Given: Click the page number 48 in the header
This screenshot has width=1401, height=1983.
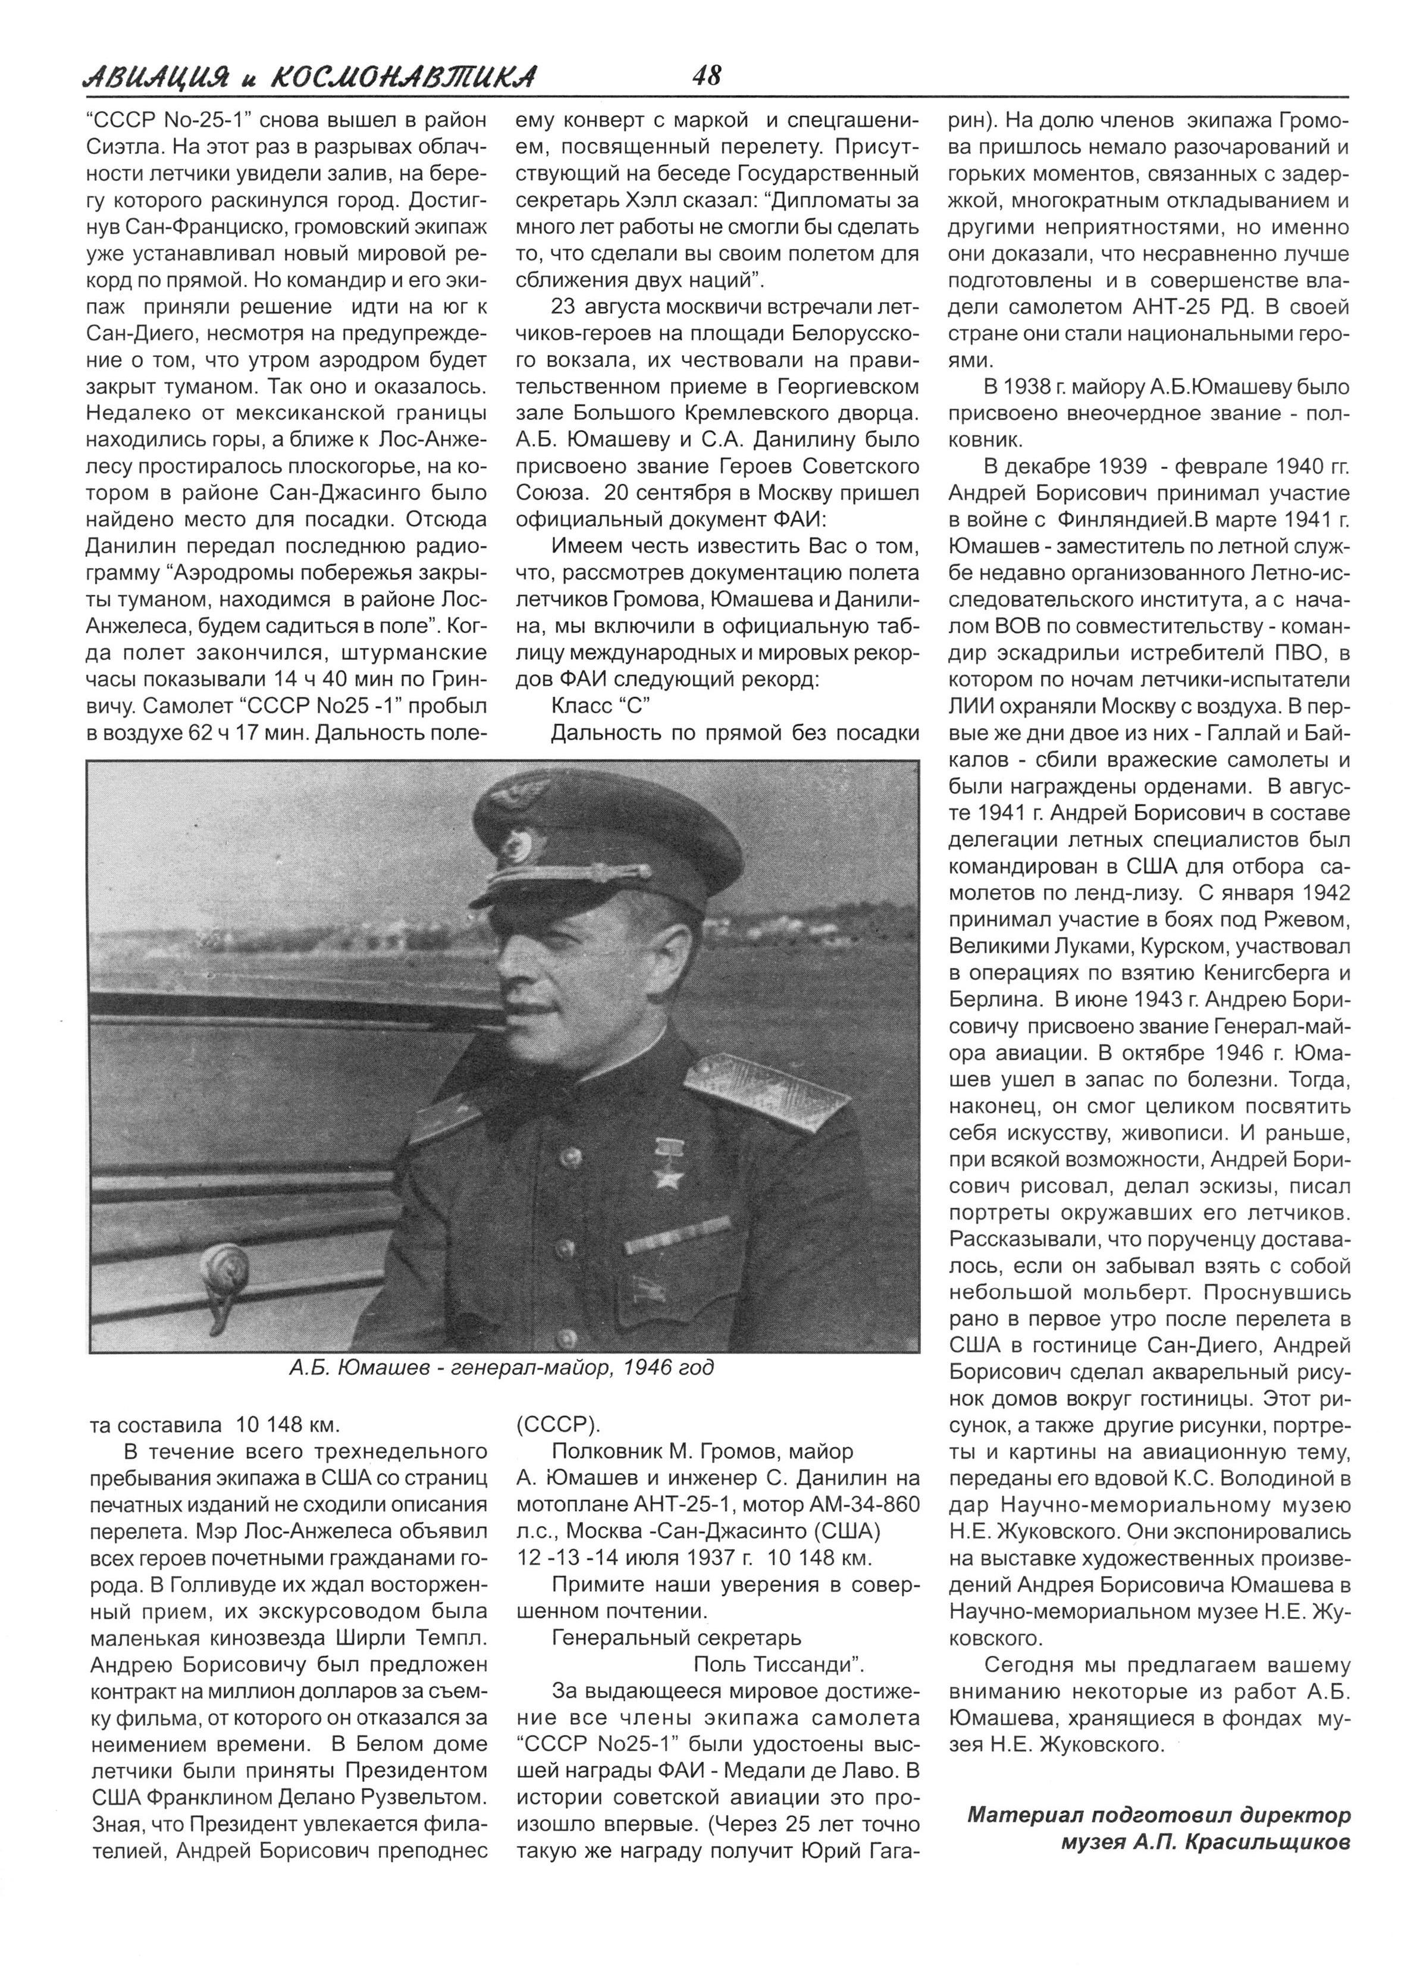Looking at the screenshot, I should [707, 76].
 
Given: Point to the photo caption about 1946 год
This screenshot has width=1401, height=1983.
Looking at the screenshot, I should [502, 1368].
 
